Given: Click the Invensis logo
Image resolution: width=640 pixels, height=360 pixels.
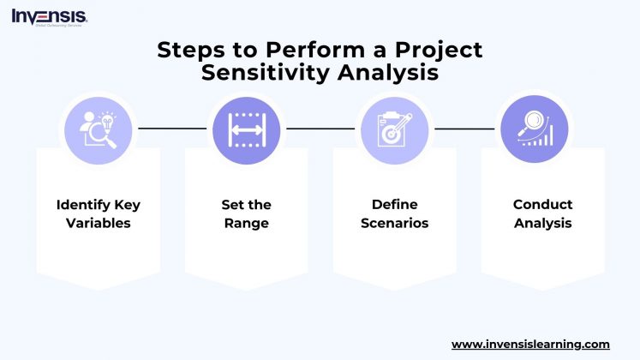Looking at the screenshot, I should (x=49, y=17).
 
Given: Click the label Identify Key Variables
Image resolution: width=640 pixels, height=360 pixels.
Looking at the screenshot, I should (x=98, y=214).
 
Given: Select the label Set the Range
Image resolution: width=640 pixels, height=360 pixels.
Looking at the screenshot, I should (x=247, y=214).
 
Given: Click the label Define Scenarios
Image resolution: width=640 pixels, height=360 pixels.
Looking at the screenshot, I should (x=394, y=214).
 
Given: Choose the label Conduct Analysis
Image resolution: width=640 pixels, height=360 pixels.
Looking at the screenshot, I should (x=542, y=214).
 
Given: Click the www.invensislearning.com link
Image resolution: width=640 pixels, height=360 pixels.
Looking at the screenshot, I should (x=530, y=344).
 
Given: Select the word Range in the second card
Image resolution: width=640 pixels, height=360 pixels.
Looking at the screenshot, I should (x=247, y=224).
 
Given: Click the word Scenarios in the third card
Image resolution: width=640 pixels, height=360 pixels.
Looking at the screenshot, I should (x=394, y=224).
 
